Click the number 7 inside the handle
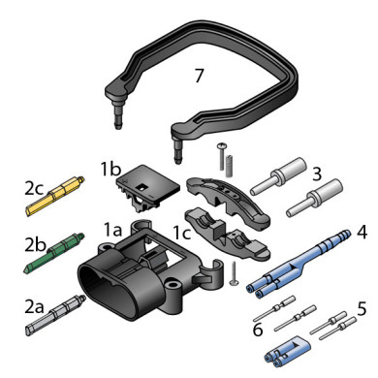pyautogui.click(x=199, y=76)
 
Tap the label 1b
pyautogui.click(x=110, y=169)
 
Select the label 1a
pyautogui.click(x=112, y=230)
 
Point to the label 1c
pyautogui.click(x=182, y=233)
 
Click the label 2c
pyautogui.click(x=34, y=188)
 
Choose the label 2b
pyautogui.click(x=35, y=245)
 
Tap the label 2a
pyautogui.click(x=34, y=306)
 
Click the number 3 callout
pyautogui.click(x=317, y=173)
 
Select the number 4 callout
pyautogui.click(x=362, y=232)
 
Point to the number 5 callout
pyautogui.click(x=362, y=308)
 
